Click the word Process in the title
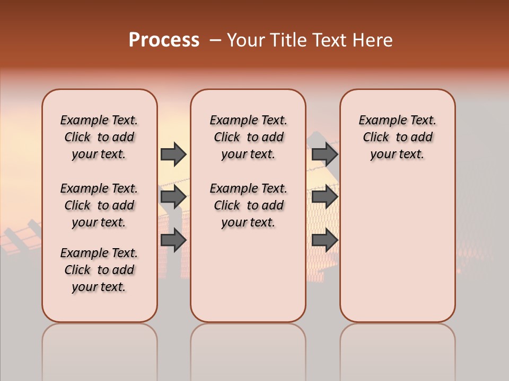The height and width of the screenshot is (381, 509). pyautogui.click(x=164, y=40)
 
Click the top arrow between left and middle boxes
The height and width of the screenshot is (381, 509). pyautogui.click(x=173, y=154)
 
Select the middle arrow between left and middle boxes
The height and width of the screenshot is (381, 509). pyautogui.click(x=173, y=197)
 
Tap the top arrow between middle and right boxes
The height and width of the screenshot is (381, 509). pyautogui.click(x=325, y=154)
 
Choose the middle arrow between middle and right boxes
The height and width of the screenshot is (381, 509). pyautogui.click(x=325, y=197)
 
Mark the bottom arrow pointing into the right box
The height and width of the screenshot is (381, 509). pyautogui.click(x=325, y=240)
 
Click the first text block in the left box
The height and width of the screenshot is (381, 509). pyautogui.click(x=99, y=137)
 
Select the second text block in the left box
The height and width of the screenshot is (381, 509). pyautogui.click(x=99, y=205)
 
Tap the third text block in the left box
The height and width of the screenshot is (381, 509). pyautogui.click(x=99, y=270)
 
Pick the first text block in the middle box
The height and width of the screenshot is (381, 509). pyautogui.click(x=248, y=137)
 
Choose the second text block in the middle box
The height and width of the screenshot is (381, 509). pyautogui.click(x=248, y=205)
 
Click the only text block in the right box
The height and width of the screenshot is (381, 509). pyautogui.click(x=398, y=137)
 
